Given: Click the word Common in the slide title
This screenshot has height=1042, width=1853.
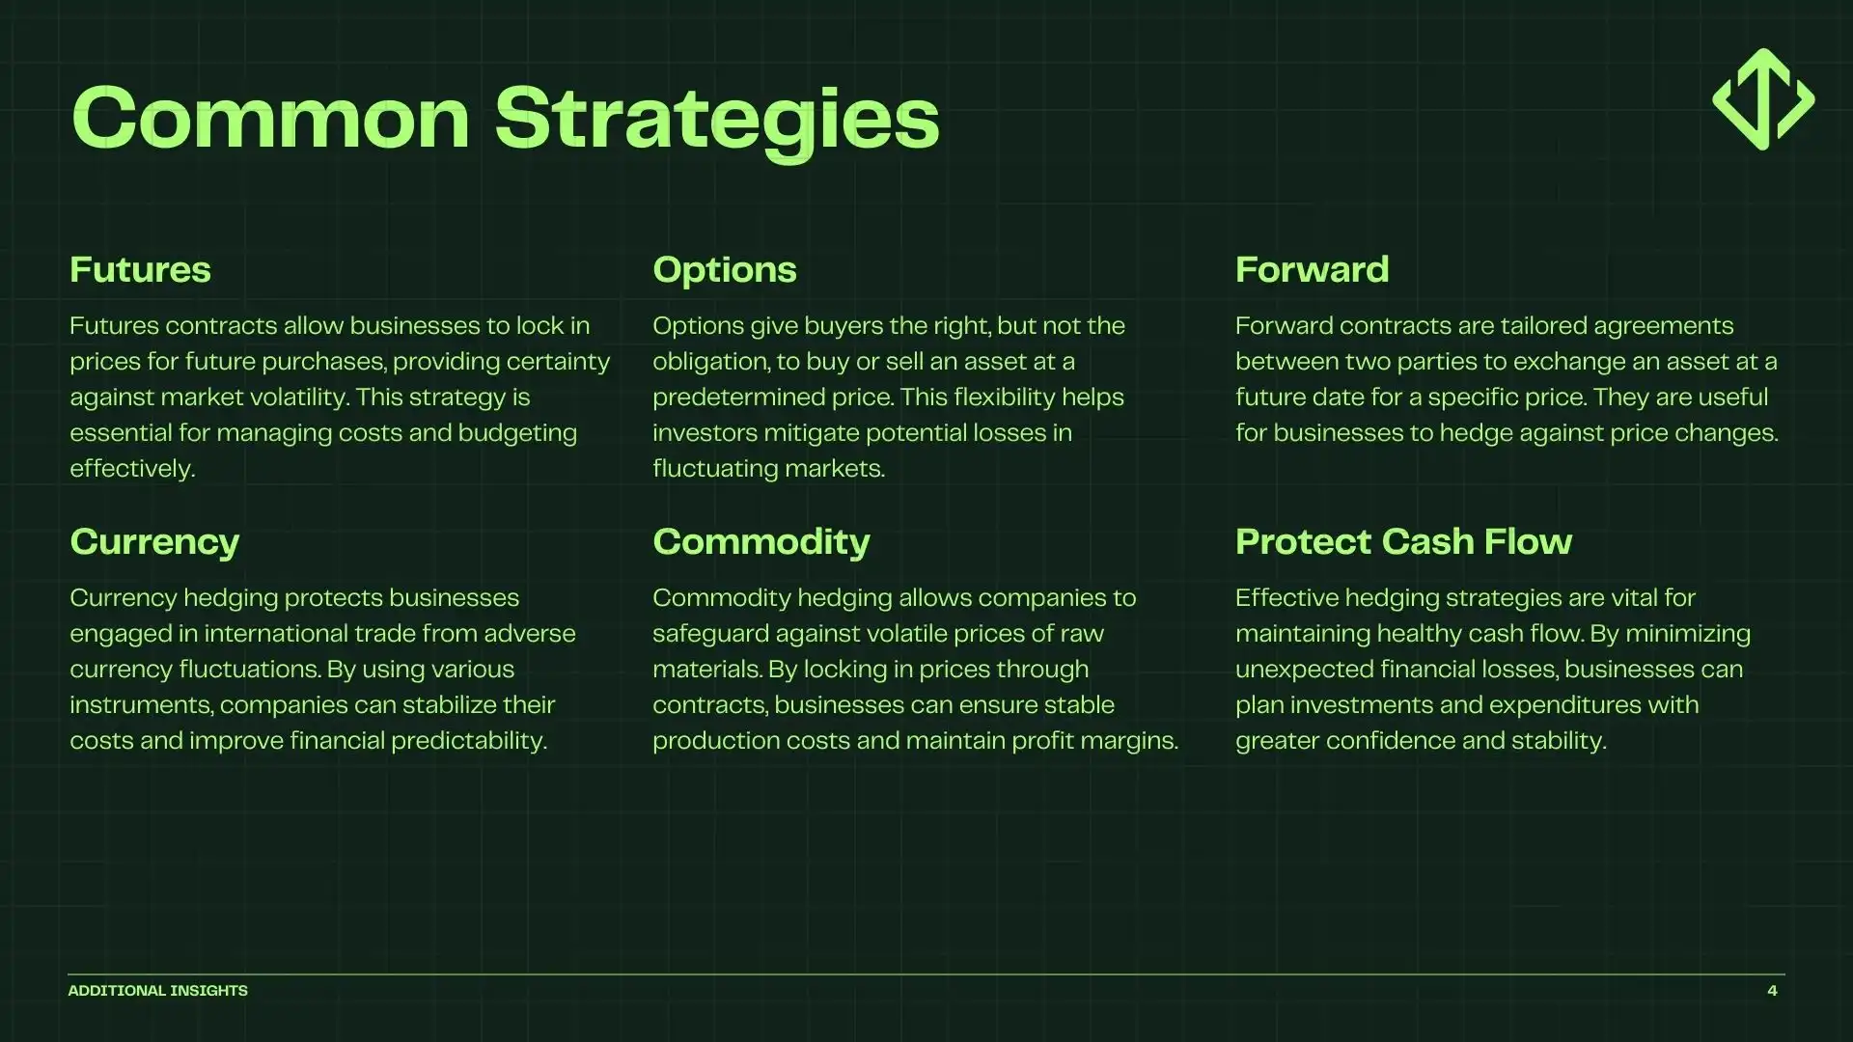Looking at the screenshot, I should (270, 119).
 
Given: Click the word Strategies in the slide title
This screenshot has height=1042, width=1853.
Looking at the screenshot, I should (716, 119).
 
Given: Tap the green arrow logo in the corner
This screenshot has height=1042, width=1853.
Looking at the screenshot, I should (1763, 99).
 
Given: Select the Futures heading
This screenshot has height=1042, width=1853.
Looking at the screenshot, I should (140, 270).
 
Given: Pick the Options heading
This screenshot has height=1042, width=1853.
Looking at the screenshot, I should (724, 270).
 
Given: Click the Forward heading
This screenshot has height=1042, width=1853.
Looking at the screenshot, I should (1312, 270).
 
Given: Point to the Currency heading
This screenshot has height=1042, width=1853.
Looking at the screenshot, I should (154, 542).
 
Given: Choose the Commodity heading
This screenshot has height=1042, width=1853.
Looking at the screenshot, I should (761, 542).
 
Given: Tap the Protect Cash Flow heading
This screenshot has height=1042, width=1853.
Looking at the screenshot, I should (1403, 542).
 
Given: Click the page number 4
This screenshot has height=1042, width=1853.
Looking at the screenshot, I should (1772, 991).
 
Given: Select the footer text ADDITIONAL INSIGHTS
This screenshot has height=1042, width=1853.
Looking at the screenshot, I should (157, 991).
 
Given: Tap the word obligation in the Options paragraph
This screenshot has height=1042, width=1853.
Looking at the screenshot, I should (709, 362).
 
